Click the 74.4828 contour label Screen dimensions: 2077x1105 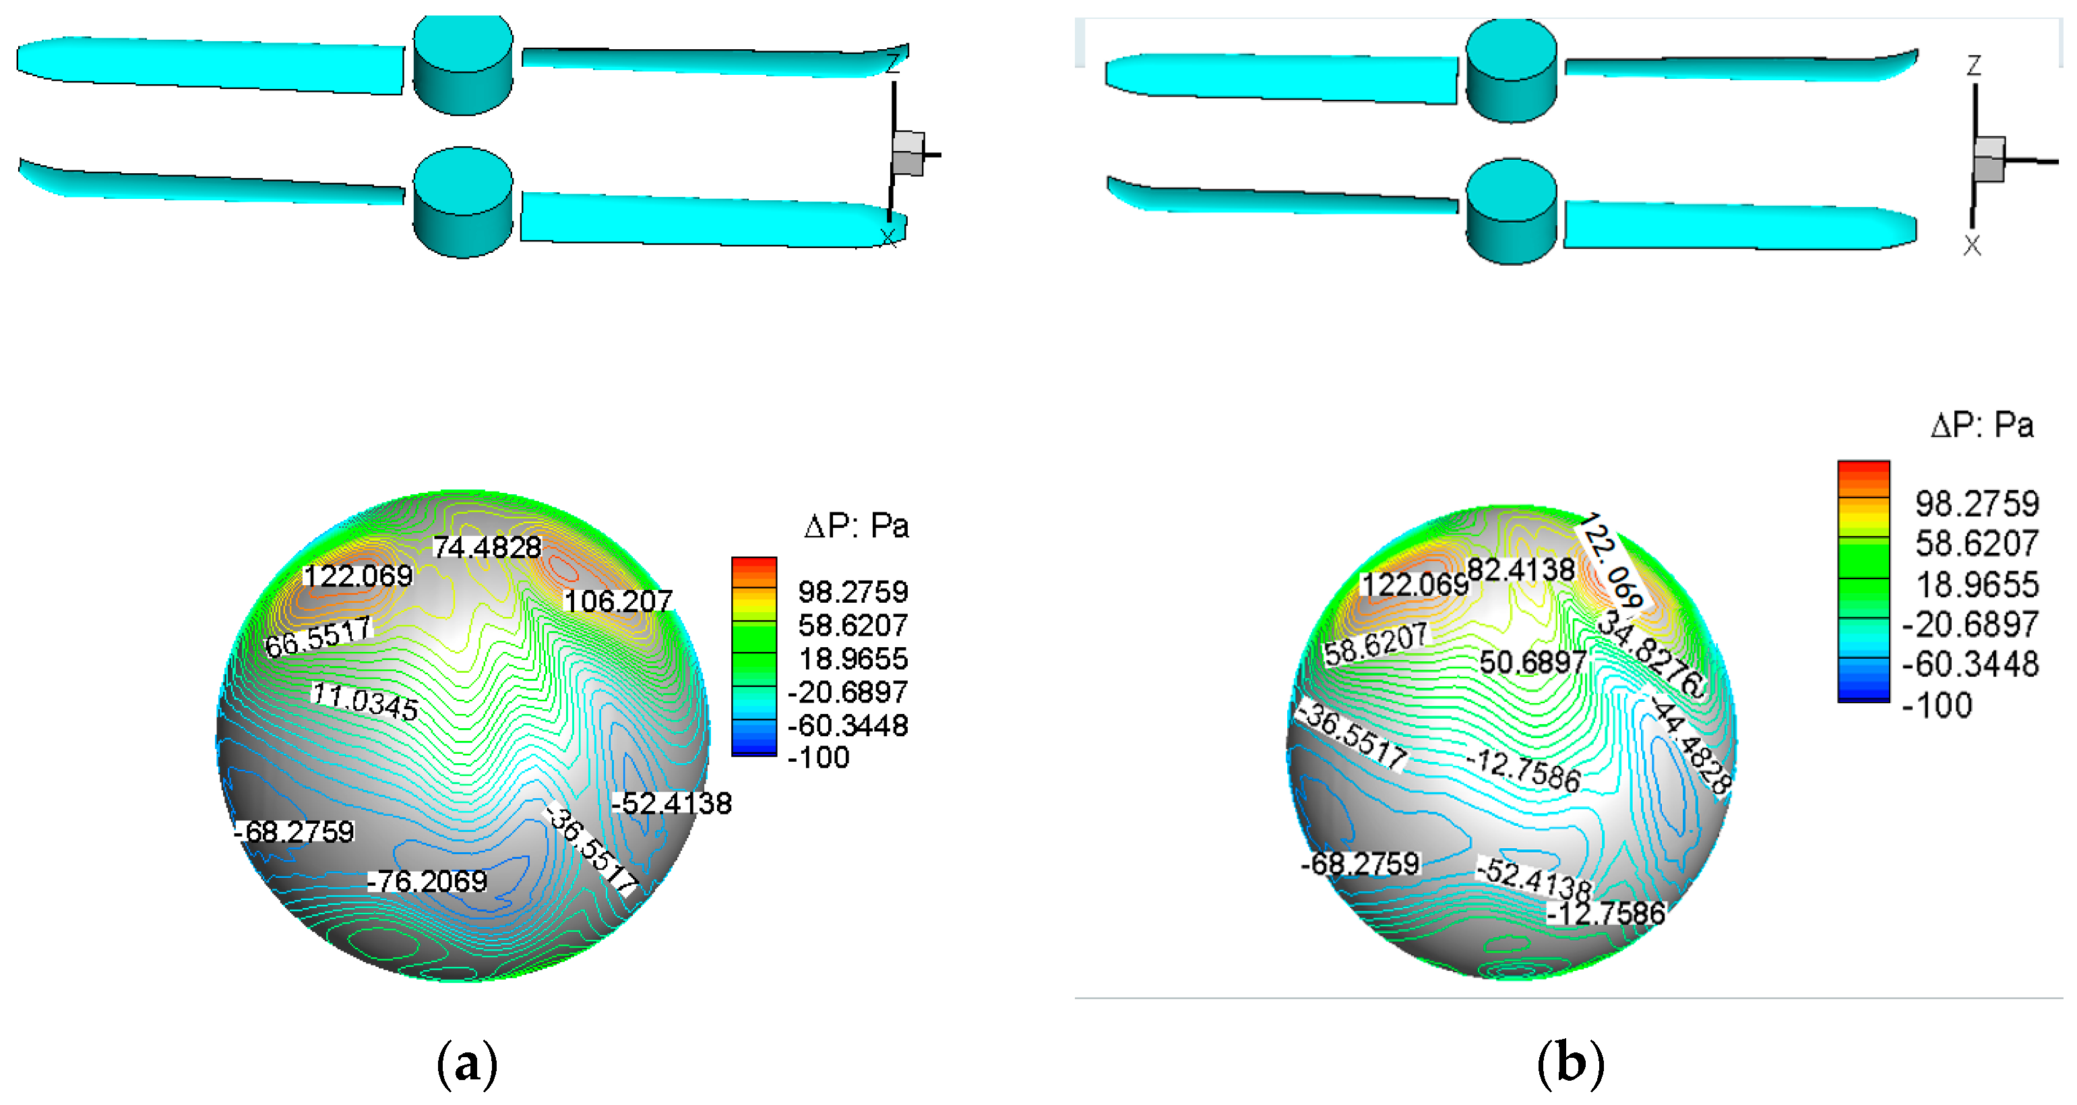click(x=488, y=547)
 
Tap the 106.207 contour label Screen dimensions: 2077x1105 click(x=617, y=601)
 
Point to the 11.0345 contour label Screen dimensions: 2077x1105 click(x=365, y=701)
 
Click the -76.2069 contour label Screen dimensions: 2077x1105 click(x=427, y=880)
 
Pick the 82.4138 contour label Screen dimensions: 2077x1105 click(x=1520, y=570)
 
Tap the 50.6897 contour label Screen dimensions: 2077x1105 click(x=1532, y=662)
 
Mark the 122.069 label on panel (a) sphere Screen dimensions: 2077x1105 click(x=357, y=576)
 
